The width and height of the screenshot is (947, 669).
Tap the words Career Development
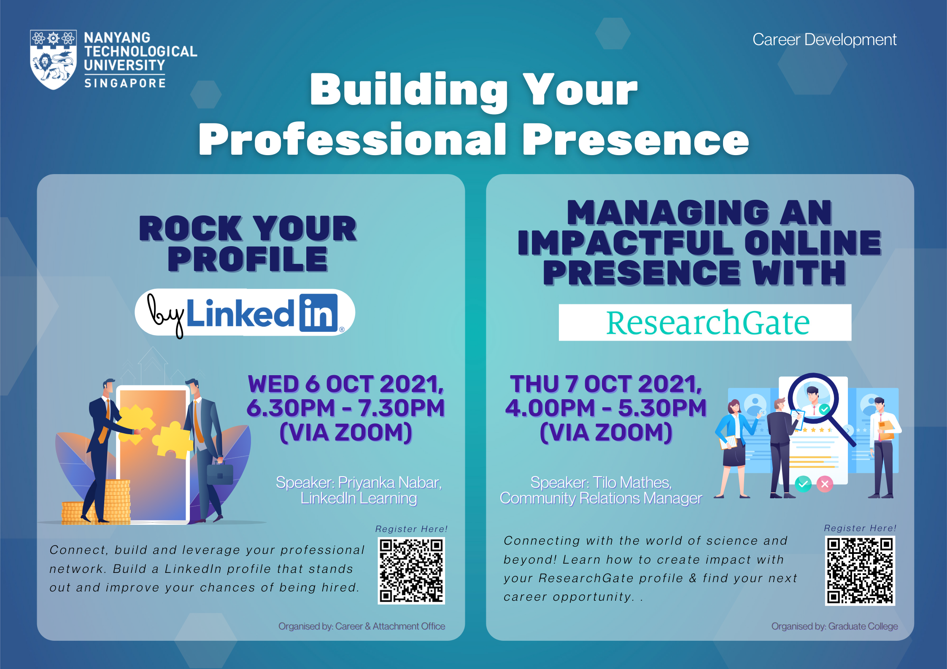click(x=824, y=40)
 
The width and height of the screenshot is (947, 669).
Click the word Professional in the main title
click(x=352, y=140)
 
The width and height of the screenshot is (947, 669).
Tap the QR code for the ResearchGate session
click(x=860, y=570)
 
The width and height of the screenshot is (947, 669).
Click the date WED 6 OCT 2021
click(x=345, y=384)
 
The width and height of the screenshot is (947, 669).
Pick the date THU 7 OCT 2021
click(x=606, y=384)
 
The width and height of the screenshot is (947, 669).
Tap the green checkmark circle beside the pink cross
click(x=803, y=484)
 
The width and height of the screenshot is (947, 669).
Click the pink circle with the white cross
click(x=825, y=484)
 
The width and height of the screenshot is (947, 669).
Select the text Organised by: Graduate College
click(x=834, y=626)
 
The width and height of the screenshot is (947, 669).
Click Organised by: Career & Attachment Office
click(x=362, y=626)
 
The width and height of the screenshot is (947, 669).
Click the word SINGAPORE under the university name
click(x=125, y=83)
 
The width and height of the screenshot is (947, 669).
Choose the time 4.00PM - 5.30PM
click(x=606, y=408)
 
